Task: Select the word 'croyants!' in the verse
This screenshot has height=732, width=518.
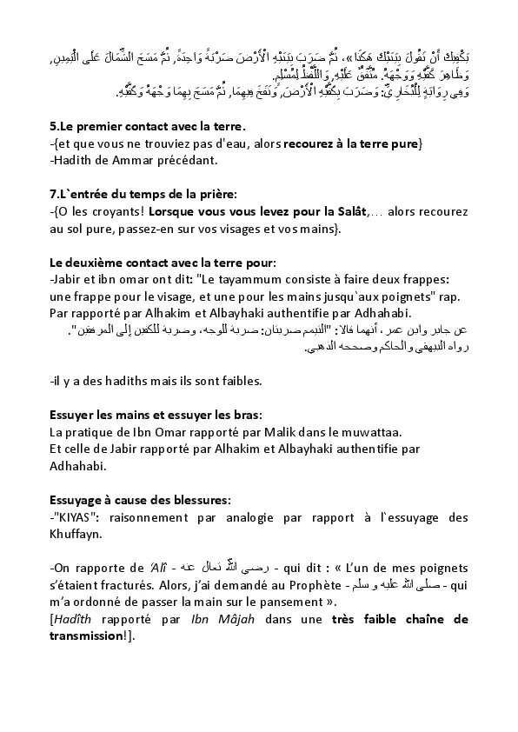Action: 116,211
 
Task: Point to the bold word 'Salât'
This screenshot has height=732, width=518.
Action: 347,211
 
